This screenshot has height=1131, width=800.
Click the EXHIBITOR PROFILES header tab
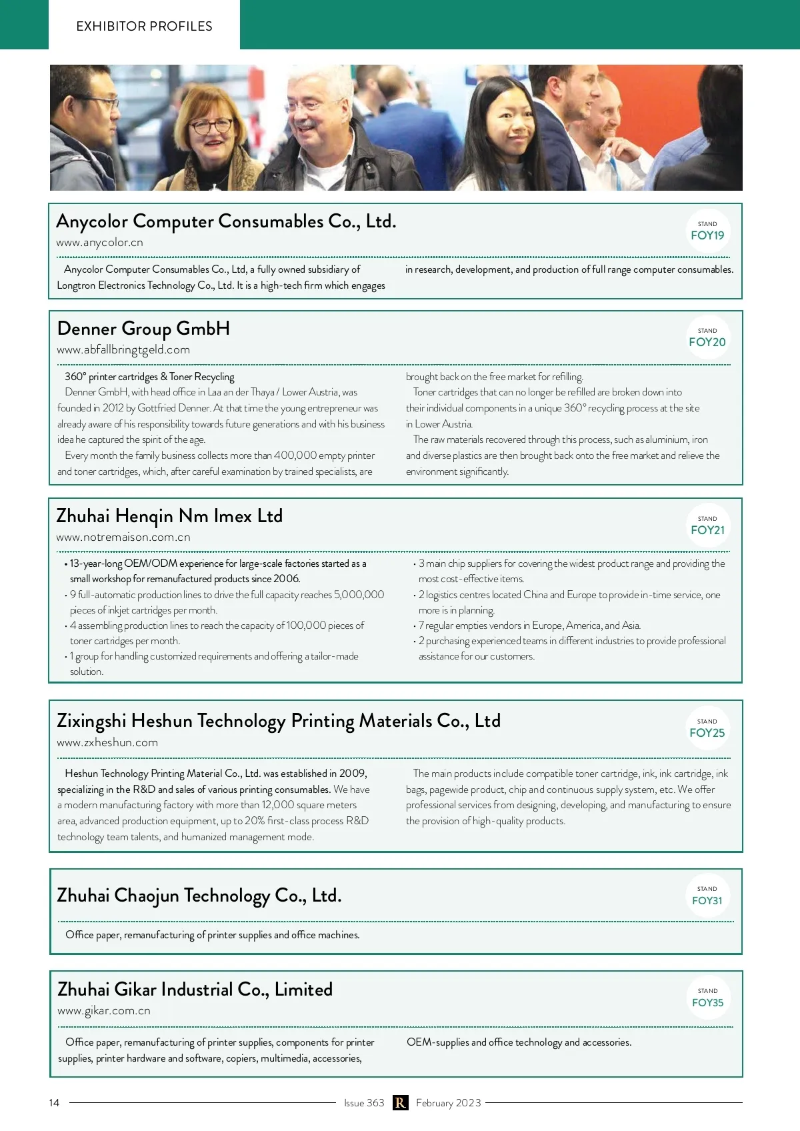click(x=144, y=26)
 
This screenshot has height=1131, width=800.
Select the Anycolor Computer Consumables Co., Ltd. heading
click(x=226, y=221)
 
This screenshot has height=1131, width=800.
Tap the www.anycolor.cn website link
click(x=99, y=243)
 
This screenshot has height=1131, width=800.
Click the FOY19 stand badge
click(x=707, y=231)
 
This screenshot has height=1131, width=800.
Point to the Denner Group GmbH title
click(x=143, y=329)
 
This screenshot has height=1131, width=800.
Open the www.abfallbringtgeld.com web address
click(x=123, y=350)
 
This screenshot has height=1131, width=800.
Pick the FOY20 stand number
click(x=707, y=338)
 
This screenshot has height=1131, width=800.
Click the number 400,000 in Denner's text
click(x=295, y=455)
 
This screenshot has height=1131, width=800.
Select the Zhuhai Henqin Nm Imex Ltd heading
click(x=169, y=516)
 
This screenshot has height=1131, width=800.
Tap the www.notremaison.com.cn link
click(x=123, y=537)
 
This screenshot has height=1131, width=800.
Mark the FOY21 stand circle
click(x=707, y=525)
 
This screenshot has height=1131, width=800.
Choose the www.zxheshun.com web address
click(x=107, y=743)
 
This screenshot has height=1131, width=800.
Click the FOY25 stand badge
click(x=707, y=729)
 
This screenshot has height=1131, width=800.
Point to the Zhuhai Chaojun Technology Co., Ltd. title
click(x=199, y=896)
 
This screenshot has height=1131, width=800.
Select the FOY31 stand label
click(x=707, y=896)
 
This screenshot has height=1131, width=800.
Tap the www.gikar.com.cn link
click(x=104, y=1011)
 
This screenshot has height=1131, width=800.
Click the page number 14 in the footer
click(x=54, y=1103)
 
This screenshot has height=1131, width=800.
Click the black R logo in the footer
click(x=400, y=1103)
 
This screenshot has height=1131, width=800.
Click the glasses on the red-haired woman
click(x=212, y=125)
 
